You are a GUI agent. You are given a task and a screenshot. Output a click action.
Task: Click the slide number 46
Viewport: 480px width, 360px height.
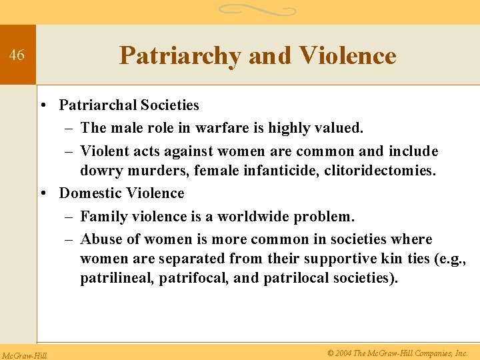17,55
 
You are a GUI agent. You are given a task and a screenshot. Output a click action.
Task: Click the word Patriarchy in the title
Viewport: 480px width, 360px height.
180,56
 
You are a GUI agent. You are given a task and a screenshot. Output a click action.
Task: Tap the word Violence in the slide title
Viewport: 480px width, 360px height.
347,56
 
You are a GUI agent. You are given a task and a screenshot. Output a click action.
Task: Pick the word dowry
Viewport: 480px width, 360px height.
101,171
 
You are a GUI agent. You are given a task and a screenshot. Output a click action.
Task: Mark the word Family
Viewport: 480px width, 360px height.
102,217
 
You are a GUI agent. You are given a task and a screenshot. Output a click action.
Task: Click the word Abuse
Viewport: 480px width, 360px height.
102,239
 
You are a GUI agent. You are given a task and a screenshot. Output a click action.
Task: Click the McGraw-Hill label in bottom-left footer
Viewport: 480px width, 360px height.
24,353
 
